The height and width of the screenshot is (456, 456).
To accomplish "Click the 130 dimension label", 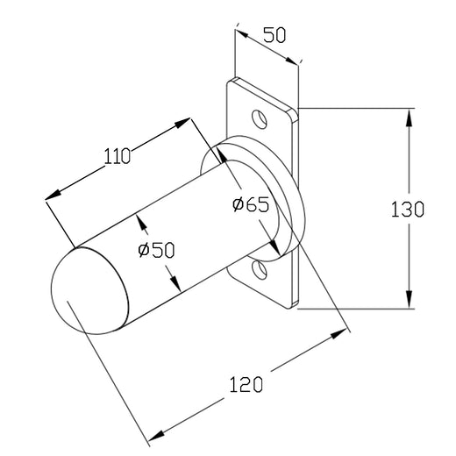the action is point(407,209).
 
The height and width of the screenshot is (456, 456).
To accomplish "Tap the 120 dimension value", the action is point(246,384).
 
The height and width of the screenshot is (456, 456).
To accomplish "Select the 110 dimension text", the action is point(118,156).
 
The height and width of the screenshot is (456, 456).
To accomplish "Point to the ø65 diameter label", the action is point(251,203).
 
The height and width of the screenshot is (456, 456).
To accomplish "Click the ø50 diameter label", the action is point(156,250).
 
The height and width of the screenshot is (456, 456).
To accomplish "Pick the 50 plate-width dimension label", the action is point(274,35).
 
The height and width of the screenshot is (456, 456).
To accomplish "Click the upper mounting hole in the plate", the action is point(260,119).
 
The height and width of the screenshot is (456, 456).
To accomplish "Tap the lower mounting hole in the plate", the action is point(260,269).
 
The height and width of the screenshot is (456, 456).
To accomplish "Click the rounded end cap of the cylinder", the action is point(89,291).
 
